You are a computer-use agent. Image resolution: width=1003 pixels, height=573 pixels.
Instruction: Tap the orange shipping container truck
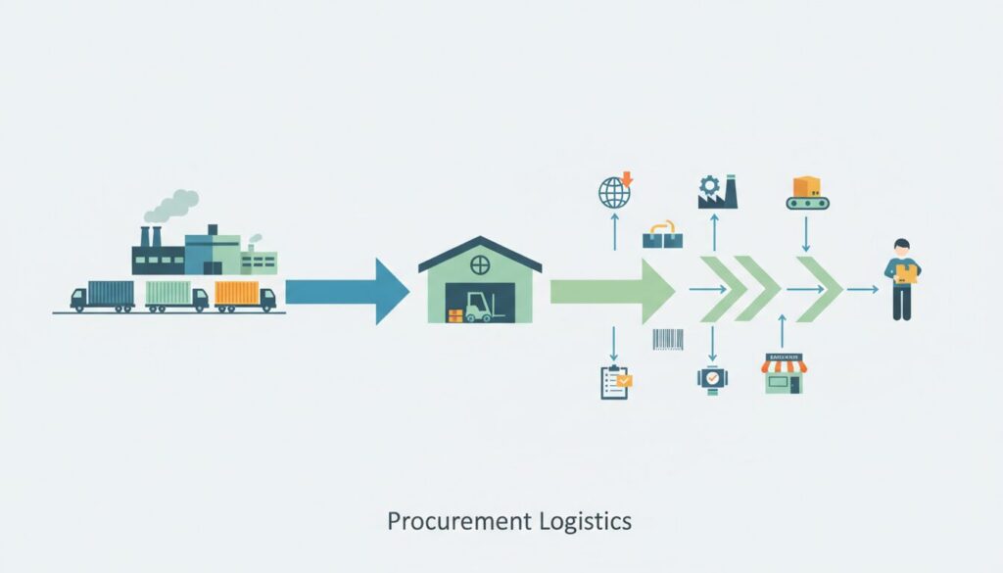(x=243, y=295)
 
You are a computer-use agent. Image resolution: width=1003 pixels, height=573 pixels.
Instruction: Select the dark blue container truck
(x=105, y=295)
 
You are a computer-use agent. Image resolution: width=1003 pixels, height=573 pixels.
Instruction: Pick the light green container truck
(x=174, y=295)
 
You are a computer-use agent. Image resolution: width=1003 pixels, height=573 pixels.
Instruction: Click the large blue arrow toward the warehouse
(x=348, y=291)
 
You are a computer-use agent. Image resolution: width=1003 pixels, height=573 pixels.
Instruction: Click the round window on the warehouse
(x=479, y=263)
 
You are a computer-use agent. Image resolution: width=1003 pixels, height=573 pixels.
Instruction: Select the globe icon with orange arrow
(x=615, y=190)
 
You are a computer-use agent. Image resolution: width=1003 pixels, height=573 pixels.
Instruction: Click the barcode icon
(x=668, y=340)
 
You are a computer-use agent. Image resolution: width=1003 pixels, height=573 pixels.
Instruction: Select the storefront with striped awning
(x=785, y=373)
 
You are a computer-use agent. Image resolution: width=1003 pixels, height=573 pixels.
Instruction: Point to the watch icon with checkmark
(x=711, y=378)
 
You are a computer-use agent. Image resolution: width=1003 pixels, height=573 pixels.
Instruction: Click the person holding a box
(x=901, y=279)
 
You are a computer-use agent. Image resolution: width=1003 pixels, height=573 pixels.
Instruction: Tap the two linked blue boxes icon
(x=661, y=234)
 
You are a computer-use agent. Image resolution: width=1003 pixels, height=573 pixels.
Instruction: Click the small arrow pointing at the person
(x=862, y=290)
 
